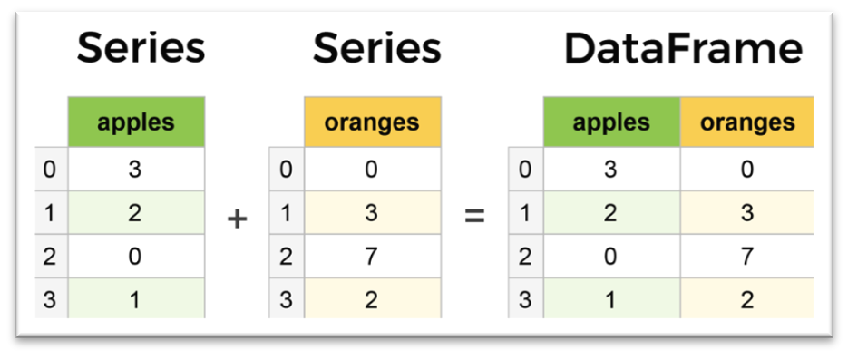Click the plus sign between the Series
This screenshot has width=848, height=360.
[x=238, y=219]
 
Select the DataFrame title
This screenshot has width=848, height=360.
[x=683, y=50]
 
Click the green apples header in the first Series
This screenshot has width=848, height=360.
[x=136, y=122]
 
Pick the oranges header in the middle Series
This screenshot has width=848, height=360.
[x=373, y=122]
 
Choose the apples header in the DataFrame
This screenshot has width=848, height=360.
[x=611, y=122]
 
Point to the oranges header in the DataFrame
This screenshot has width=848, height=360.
[x=747, y=122]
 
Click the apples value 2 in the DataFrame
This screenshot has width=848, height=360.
[x=611, y=214]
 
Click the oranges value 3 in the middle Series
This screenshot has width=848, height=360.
[x=373, y=214]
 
